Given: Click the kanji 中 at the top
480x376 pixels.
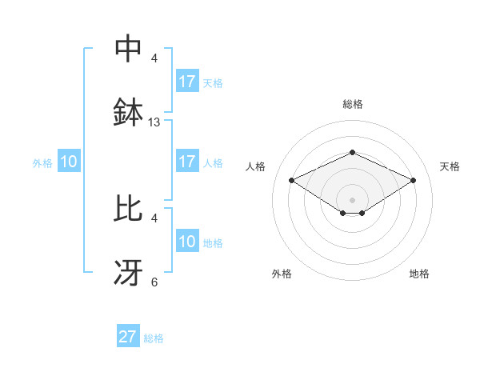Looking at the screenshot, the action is click(x=128, y=49).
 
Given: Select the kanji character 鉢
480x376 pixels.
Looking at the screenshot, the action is click(x=128, y=113).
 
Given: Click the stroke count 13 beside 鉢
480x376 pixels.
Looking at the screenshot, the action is click(x=154, y=122).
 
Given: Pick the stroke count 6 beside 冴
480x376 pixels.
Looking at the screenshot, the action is click(x=154, y=282).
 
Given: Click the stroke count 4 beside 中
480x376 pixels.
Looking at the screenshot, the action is click(x=154, y=58).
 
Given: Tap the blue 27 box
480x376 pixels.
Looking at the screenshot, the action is click(x=128, y=337).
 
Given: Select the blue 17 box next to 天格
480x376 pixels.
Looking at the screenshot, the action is click(x=186, y=82).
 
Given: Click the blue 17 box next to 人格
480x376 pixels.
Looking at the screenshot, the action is click(x=186, y=162).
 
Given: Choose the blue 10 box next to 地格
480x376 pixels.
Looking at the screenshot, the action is click(x=186, y=242).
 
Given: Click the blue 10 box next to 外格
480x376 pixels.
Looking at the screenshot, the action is click(x=69, y=162).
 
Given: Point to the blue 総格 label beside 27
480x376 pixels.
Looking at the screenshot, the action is click(x=154, y=338).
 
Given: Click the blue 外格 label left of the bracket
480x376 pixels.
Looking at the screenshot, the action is click(x=42, y=163).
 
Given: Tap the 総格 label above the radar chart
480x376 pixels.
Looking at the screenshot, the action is click(x=352, y=104).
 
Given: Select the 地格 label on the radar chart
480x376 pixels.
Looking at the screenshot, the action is click(x=419, y=274).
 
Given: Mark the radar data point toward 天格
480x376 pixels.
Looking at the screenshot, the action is click(x=414, y=180).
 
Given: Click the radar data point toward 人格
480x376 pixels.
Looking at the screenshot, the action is click(x=292, y=180).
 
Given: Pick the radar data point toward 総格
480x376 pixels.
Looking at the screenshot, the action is click(x=352, y=151).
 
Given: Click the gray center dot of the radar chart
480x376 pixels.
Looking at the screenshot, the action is click(x=352, y=199).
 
